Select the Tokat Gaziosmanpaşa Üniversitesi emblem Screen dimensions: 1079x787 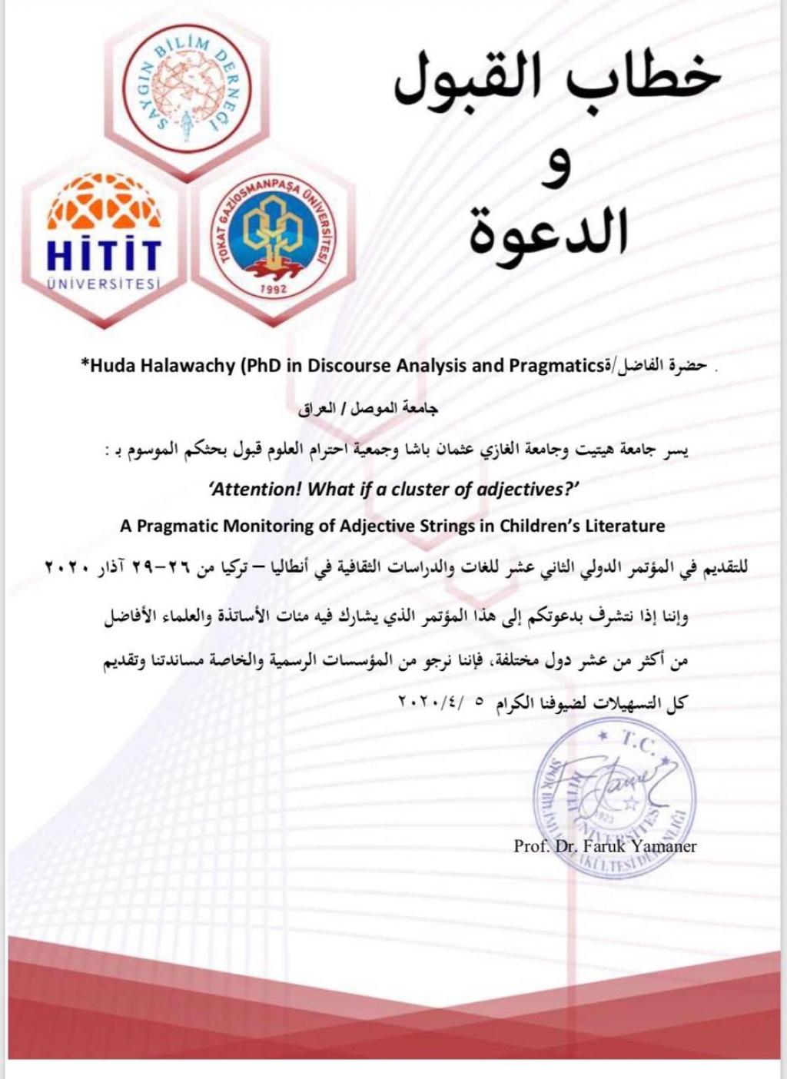tap(275, 234)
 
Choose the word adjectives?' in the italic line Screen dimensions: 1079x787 tap(530, 490)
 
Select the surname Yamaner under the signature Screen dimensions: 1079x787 tap(666, 846)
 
